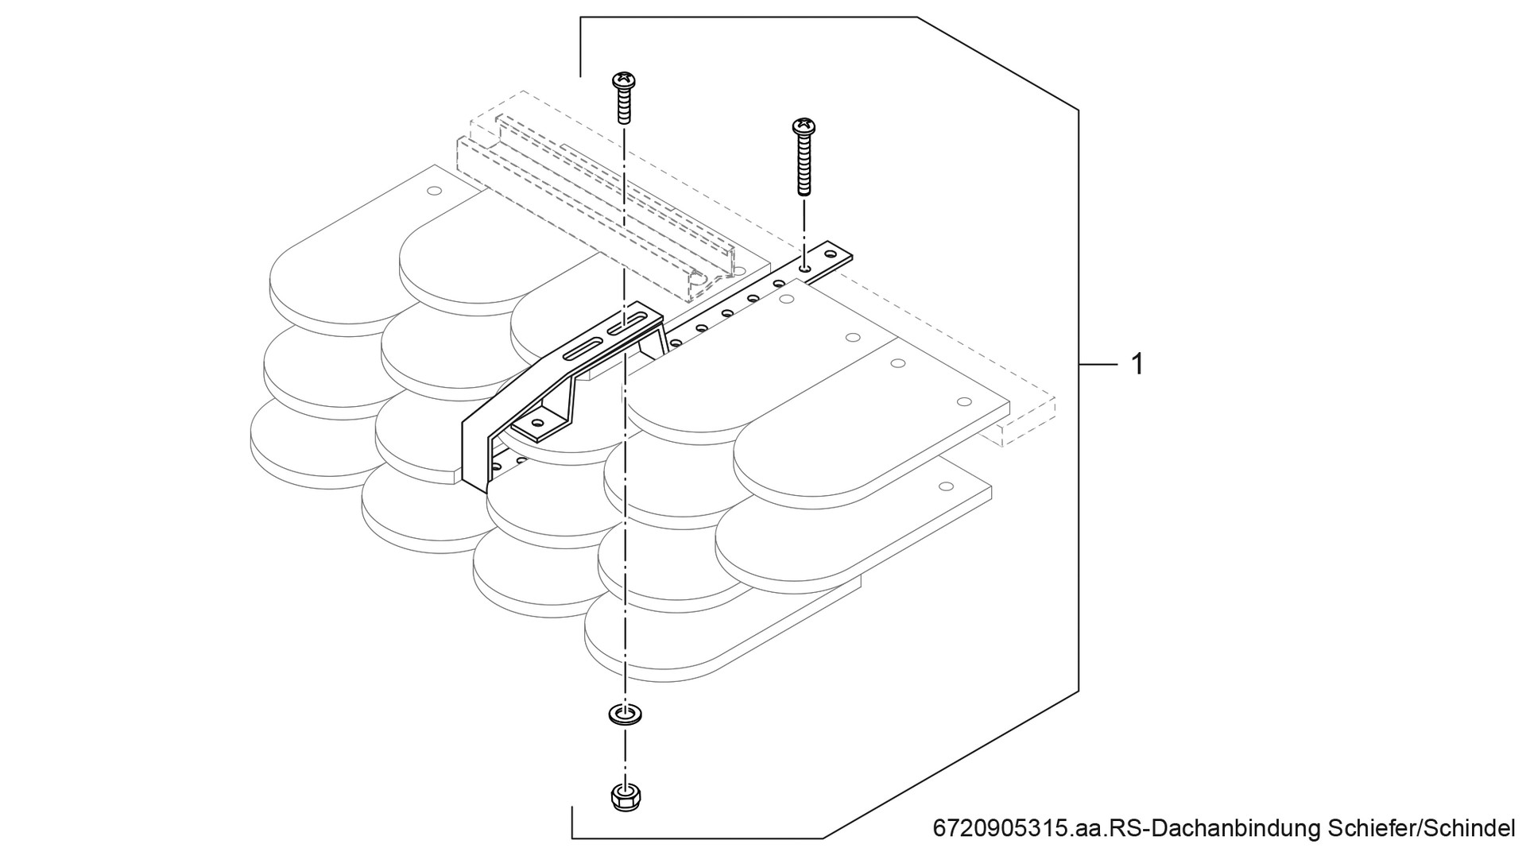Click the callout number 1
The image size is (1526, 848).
coord(1137,364)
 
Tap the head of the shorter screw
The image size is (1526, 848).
coord(624,79)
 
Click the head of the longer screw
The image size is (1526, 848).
coord(804,126)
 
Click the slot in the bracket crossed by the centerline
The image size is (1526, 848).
coord(625,325)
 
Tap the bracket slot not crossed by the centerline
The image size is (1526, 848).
coord(579,350)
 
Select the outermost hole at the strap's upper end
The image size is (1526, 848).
coord(831,256)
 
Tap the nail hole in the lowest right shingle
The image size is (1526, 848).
coord(945,486)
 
